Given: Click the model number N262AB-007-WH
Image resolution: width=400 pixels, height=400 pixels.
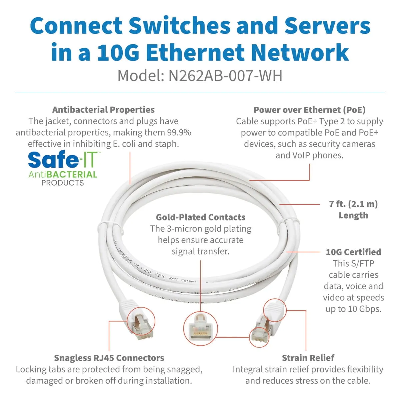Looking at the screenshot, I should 225,76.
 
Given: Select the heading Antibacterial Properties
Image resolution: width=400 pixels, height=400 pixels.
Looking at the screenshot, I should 103,110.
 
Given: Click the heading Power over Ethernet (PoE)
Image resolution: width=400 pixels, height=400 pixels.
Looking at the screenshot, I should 309,110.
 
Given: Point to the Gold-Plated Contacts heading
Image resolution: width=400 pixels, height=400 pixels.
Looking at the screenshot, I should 201,217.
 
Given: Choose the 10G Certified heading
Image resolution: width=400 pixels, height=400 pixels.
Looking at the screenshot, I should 353,252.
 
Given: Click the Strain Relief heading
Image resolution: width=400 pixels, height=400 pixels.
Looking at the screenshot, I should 308,358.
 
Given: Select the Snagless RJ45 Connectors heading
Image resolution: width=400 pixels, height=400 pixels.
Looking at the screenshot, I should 109,358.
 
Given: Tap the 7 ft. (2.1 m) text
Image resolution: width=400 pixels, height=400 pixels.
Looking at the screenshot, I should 353,204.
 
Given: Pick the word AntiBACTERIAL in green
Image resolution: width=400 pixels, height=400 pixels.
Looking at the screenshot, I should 63,174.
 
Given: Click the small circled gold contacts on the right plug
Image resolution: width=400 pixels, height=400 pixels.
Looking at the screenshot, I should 259,337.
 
